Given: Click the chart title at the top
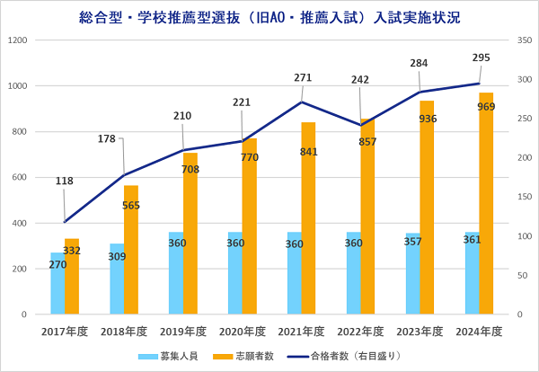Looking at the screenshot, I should pyautogui.click(x=269, y=16).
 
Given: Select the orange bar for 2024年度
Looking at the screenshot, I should pyautogui.click(x=485, y=207).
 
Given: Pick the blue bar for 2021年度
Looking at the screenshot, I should pyautogui.click(x=294, y=274).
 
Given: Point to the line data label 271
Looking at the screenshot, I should pyautogui.click(x=303, y=78).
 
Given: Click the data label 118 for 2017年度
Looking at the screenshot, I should pyautogui.click(x=64, y=182).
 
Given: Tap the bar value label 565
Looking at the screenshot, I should pyautogui.click(x=130, y=204).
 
